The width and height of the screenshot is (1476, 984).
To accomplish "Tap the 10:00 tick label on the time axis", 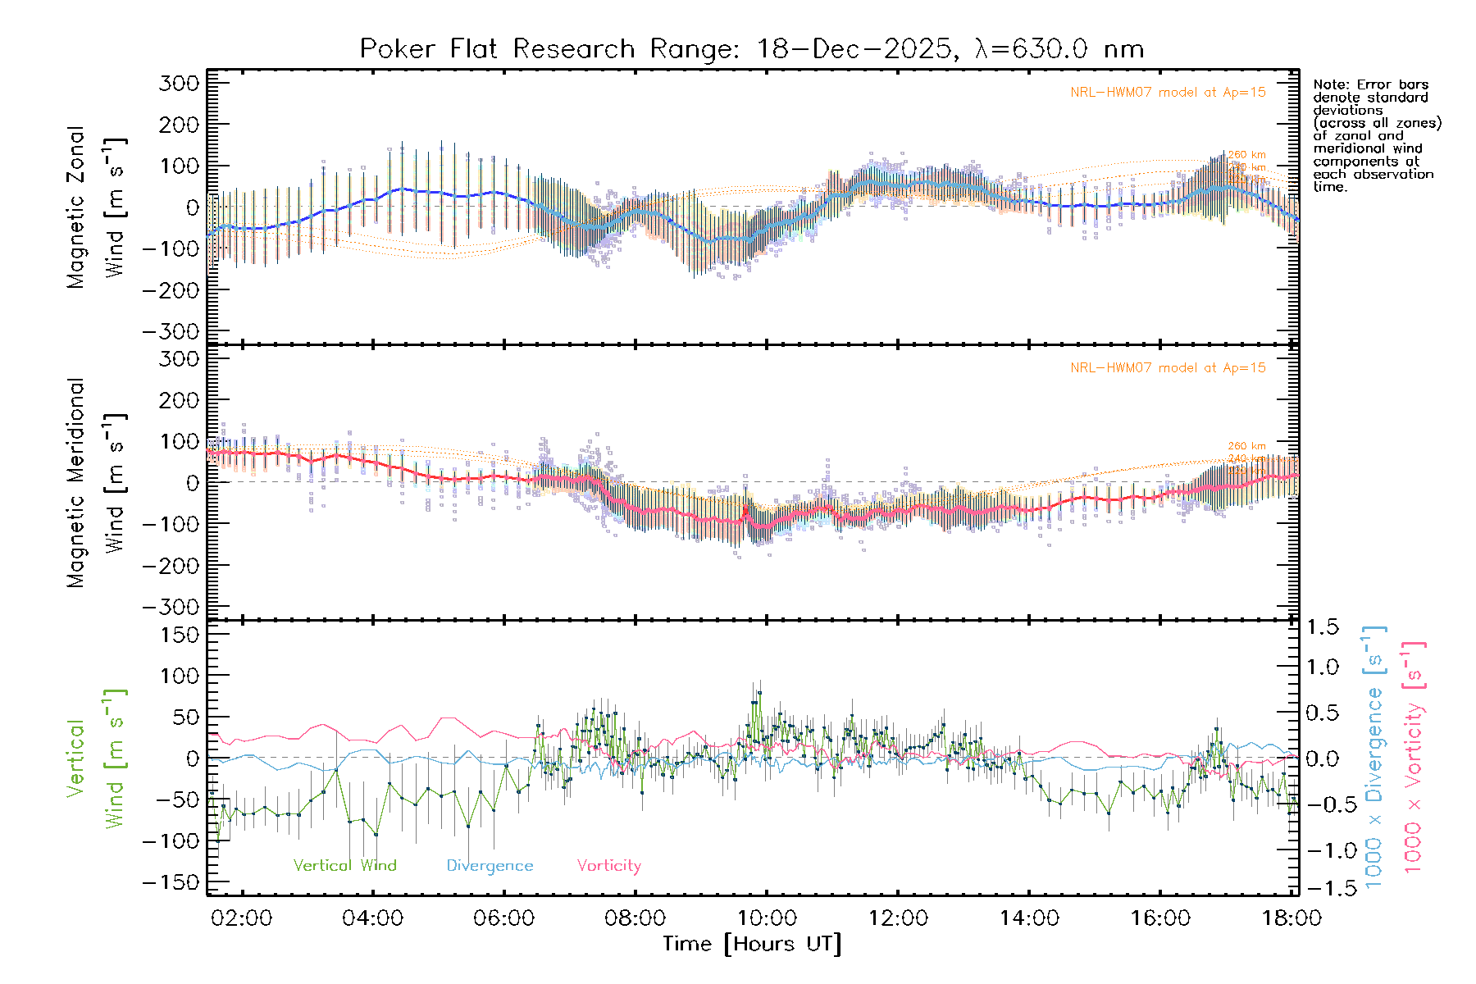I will tap(767, 918).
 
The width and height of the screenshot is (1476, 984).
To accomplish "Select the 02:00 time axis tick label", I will tap(241, 918).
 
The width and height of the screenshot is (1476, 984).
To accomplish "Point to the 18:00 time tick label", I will tap(1291, 918).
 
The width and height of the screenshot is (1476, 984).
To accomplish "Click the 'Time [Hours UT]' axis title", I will tap(752, 944).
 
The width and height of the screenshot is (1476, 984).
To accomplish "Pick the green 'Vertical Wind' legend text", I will tap(344, 865).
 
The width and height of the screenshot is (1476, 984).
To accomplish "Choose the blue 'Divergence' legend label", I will tap(490, 865).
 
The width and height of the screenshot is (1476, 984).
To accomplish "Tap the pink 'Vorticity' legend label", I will tap(608, 865).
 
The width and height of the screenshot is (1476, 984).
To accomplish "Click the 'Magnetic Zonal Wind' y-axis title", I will tap(94, 207).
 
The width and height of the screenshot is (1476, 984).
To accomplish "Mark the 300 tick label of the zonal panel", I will tap(180, 83).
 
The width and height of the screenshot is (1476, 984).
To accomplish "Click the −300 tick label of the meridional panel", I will tap(171, 607).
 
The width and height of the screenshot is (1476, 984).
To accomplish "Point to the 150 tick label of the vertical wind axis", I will tap(180, 634).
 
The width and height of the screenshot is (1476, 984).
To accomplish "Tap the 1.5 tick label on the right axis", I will tap(1323, 627).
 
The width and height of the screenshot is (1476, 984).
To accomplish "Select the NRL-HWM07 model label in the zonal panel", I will tap(1168, 93).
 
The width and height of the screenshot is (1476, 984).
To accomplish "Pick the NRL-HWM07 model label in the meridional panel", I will tap(1168, 368).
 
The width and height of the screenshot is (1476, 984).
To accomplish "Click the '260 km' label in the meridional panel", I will tap(1246, 446).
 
